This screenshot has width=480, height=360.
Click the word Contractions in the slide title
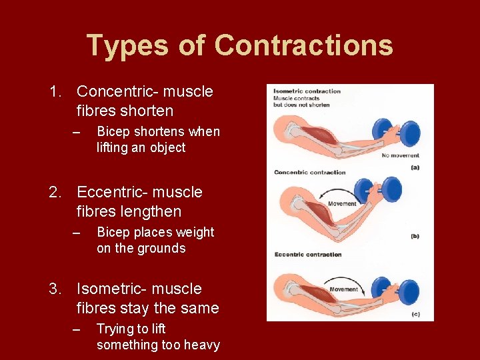click(x=304, y=45)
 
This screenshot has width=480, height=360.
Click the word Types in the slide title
click(x=127, y=45)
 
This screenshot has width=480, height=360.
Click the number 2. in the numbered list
click(x=57, y=192)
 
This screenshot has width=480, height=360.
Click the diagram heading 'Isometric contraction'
click(x=307, y=91)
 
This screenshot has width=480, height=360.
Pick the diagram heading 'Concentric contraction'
click(x=310, y=172)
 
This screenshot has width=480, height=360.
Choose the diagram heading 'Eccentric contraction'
click(x=308, y=254)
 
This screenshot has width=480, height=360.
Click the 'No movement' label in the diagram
click(x=401, y=155)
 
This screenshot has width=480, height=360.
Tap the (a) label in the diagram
click(x=415, y=167)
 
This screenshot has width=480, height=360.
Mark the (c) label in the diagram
click(x=415, y=314)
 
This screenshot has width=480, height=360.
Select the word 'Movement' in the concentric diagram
click(x=343, y=203)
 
